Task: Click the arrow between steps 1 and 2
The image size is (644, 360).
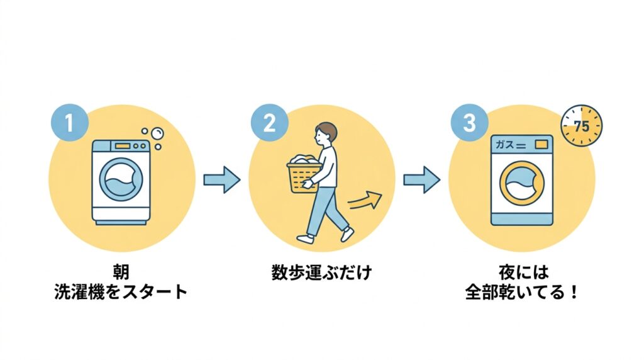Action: point(221,180)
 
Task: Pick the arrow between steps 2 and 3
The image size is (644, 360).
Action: point(421,180)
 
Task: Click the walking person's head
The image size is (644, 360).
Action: point(325,133)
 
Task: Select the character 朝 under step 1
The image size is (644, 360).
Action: point(121,273)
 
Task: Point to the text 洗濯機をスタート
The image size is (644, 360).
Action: point(121,293)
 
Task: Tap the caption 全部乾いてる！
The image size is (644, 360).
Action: point(521,293)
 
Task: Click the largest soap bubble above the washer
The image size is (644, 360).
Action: point(157,134)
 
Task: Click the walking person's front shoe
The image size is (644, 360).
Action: point(347,235)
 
